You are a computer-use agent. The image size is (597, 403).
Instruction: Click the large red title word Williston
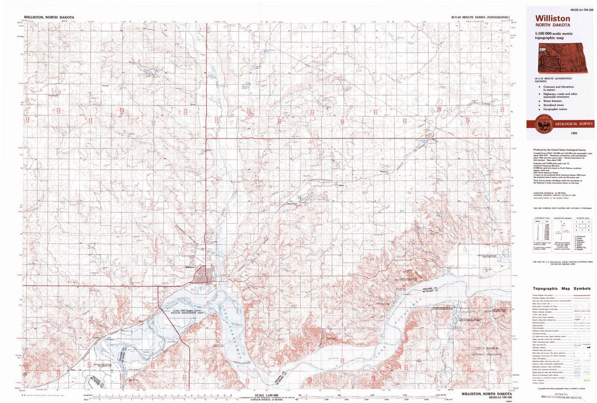coord(553,18)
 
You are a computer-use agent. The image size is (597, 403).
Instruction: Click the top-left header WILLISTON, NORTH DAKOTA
coord(49,17)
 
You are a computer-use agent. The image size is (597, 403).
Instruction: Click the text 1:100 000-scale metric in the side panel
coord(557,34)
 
